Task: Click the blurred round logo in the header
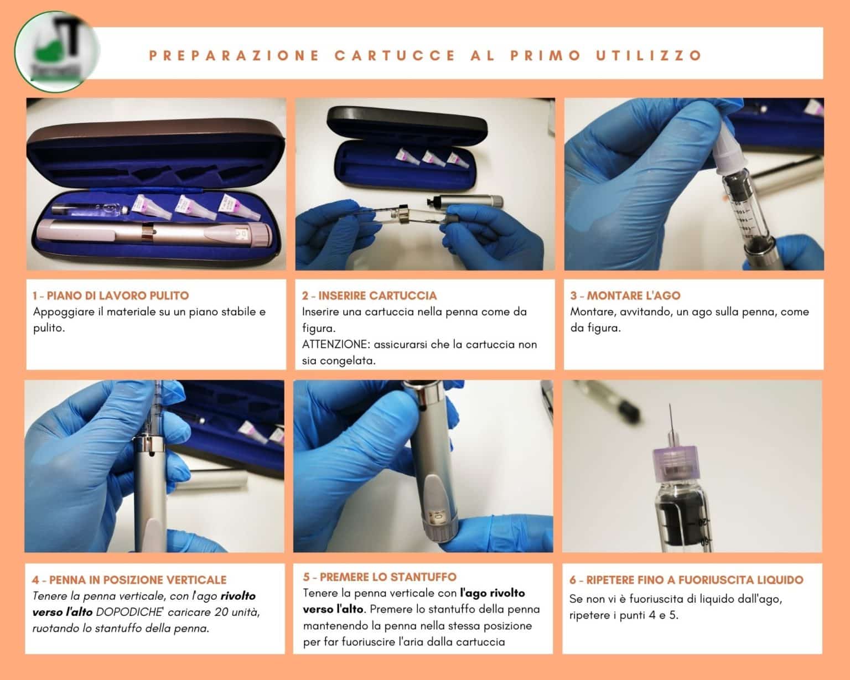pos(56,51)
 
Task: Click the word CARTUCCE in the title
pos(395,55)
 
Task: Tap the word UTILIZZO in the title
pos(649,55)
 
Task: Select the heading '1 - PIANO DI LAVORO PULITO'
pos(111,295)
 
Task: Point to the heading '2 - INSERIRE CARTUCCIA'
pos(369,295)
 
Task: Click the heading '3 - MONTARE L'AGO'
pos(625,295)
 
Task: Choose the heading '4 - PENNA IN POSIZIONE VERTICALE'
pos(129,580)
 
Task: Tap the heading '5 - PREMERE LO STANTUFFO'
pos(380,577)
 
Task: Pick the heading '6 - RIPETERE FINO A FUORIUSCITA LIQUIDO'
pos(687,580)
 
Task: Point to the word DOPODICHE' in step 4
pos(129,612)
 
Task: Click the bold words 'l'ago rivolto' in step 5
pos(493,593)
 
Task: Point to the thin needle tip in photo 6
pos(670,405)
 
